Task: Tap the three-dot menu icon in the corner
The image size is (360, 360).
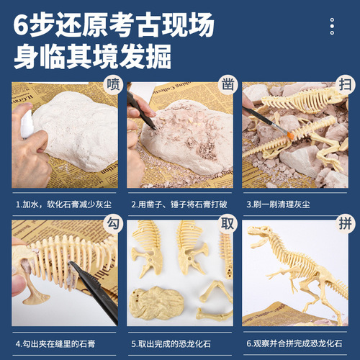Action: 332,27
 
